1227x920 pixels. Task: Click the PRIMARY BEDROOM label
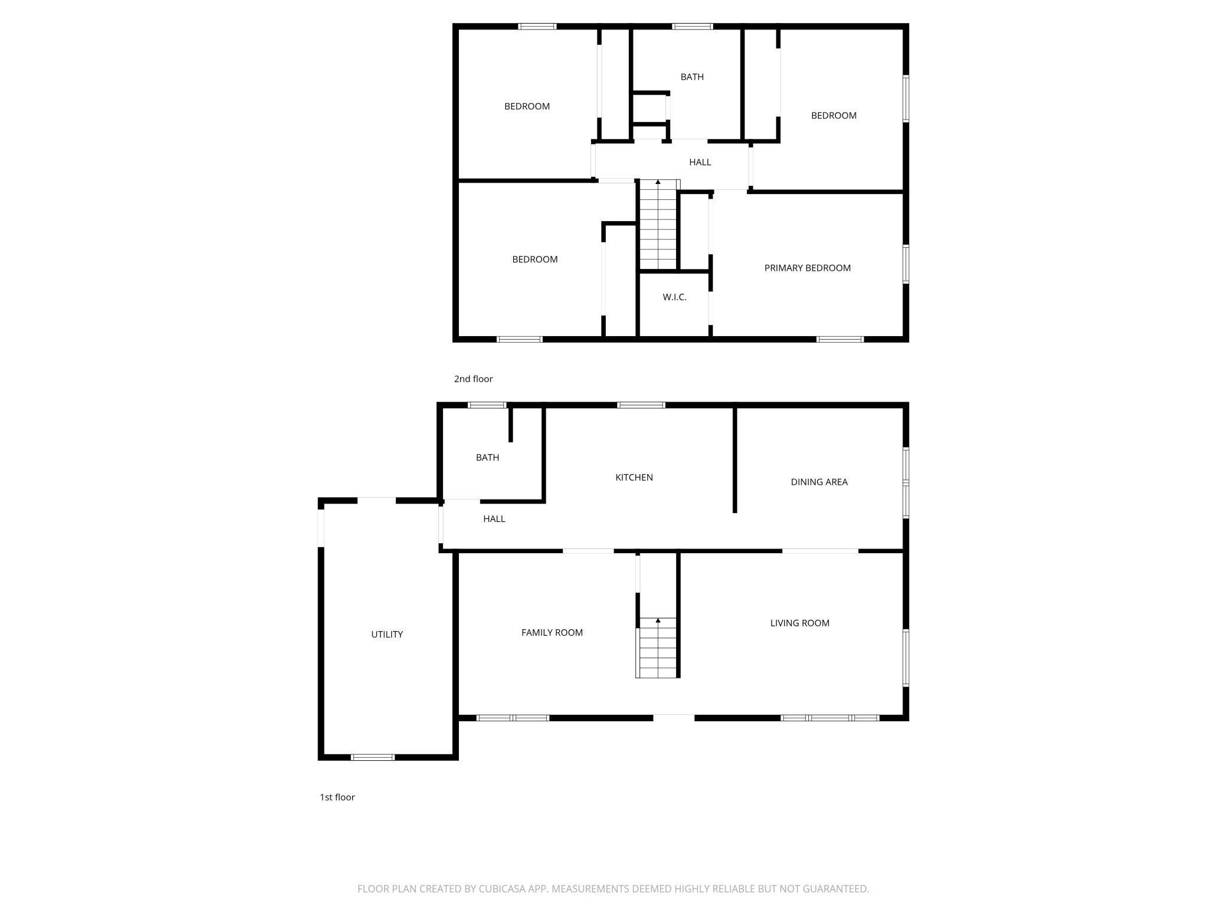808,268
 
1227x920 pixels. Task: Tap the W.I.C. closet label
674,297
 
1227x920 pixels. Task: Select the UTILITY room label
387,635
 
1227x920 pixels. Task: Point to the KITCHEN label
634,478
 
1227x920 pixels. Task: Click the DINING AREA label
819,482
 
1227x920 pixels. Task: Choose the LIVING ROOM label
800,623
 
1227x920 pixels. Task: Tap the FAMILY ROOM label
552,633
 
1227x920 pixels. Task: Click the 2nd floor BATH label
692,77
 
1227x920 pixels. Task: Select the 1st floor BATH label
487,458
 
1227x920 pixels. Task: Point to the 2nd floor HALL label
700,162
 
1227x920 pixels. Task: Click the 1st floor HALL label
494,519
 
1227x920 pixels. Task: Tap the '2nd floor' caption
473,379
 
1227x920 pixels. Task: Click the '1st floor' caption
337,797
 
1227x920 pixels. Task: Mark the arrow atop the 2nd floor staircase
658,182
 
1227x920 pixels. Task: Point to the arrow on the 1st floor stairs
658,620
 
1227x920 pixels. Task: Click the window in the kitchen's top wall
641,405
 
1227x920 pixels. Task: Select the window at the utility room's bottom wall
372,757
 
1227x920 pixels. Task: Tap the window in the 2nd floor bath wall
693,27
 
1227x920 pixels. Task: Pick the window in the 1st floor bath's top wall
487,405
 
